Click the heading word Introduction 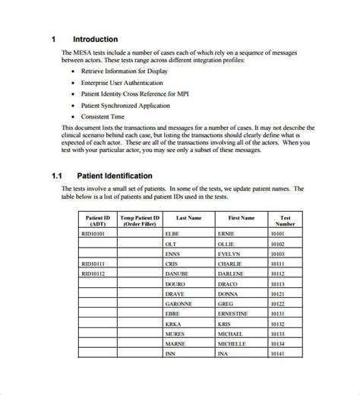tap(95, 39)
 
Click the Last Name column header tap(188, 218)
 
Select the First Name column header tap(242, 218)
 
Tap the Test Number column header tap(286, 220)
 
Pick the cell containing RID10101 tap(94, 234)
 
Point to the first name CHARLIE tap(232, 264)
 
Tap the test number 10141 tap(278, 353)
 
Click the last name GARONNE tap(179, 304)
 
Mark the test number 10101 tap(278, 234)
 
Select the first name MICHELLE tap(232, 343)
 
